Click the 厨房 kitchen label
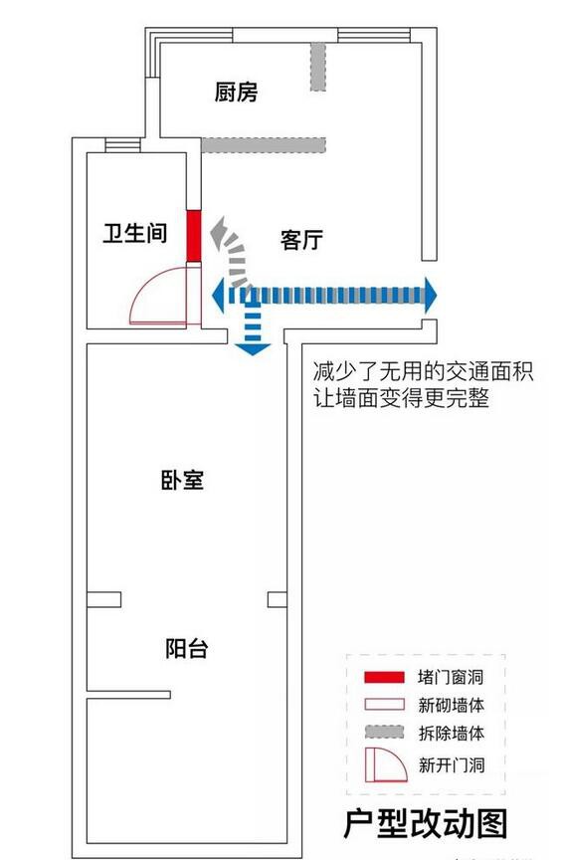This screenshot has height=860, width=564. (236, 92)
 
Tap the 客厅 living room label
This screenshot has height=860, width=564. (301, 240)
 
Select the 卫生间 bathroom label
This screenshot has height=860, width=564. (135, 233)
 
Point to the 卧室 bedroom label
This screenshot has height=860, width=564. (182, 480)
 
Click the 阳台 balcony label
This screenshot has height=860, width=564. (186, 648)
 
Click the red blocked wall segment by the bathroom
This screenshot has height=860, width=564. (194, 236)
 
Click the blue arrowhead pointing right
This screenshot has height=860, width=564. (431, 295)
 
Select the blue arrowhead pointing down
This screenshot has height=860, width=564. (252, 349)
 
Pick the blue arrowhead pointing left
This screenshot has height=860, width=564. (218, 295)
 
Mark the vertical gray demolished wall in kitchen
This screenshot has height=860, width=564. (318, 67)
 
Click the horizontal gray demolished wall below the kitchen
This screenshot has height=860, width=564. (264, 144)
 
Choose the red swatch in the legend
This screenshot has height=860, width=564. (384, 677)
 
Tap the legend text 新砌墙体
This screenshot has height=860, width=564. (451, 705)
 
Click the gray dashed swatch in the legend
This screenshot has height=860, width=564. (384, 732)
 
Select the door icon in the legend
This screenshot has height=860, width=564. (386, 764)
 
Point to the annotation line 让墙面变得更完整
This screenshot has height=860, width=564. (401, 398)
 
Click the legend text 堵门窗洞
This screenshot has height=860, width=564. (451, 677)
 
